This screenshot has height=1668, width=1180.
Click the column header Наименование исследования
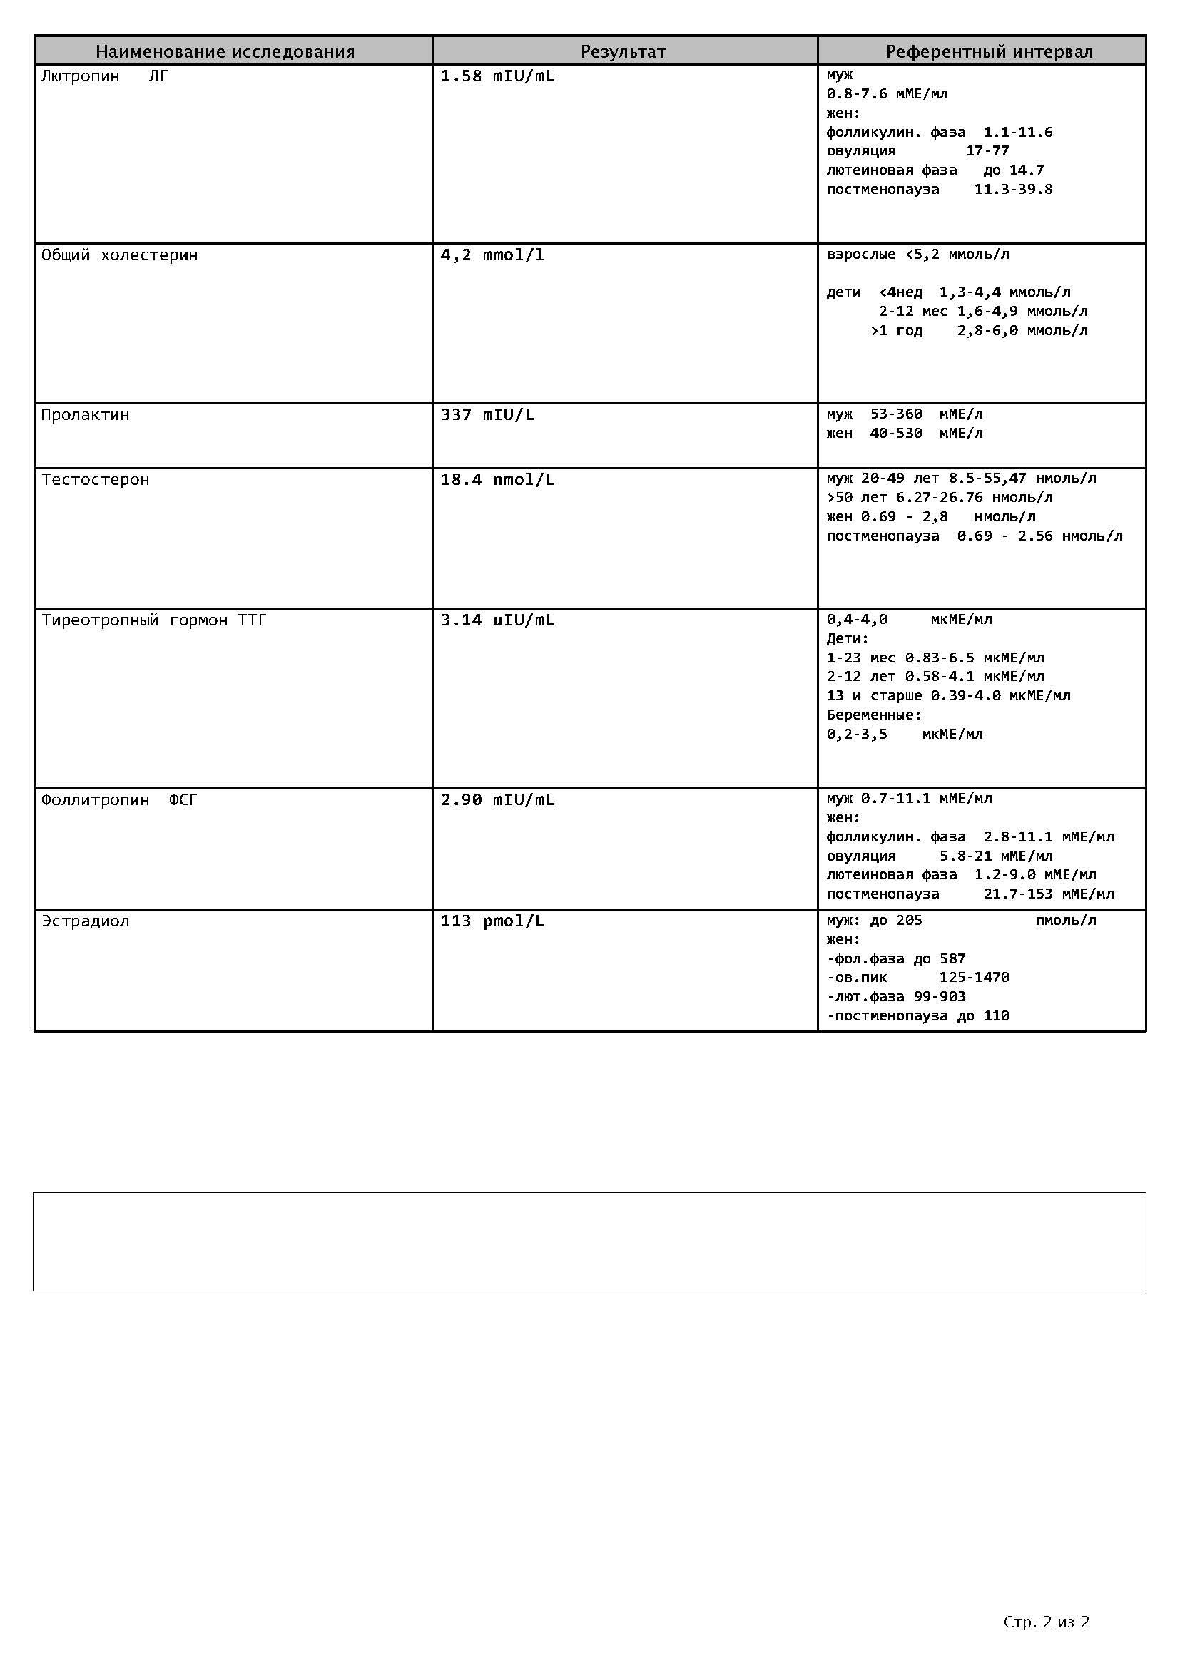tap(225, 51)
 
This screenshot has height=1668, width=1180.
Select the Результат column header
tap(623, 51)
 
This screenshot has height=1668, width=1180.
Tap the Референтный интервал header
tap(989, 51)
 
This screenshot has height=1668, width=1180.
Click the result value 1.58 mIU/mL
tap(498, 76)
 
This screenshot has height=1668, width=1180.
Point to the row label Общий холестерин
tap(119, 255)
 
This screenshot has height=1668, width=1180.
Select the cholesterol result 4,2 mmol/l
tap(492, 255)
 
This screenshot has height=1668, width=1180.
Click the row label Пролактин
tap(85, 415)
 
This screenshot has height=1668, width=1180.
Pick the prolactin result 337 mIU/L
tap(487, 415)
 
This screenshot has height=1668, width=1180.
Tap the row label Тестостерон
tap(95, 479)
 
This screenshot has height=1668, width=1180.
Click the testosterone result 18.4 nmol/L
tap(498, 479)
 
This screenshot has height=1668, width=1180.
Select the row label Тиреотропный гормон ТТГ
tap(154, 620)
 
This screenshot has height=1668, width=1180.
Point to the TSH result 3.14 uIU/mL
tap(498, 620)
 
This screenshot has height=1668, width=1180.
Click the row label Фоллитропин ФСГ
tap(119, 800)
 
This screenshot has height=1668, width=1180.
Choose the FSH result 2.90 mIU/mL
tap(498, 800)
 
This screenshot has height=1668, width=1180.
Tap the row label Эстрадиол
tap(85, 921)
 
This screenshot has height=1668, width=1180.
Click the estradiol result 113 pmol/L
tap(492, 921)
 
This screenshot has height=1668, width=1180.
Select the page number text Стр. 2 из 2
tap(1046, 1622)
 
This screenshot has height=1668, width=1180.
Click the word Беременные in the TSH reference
tap(873, 715)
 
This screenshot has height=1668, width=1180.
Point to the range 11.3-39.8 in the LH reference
tap(1013, 190)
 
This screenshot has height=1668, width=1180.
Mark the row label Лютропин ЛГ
tap(105, 76)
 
